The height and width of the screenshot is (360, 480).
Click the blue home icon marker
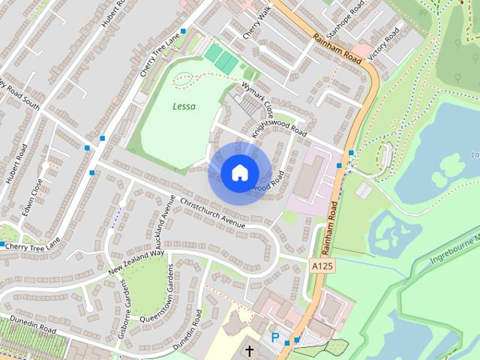[x=238, y=172]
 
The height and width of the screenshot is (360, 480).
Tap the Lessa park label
[x=184, y=106]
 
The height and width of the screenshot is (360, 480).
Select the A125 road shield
[x=320, y=266]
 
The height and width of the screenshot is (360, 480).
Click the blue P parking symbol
[x=275, y=338]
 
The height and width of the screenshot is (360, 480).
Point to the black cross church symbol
[x=248, y=350]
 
